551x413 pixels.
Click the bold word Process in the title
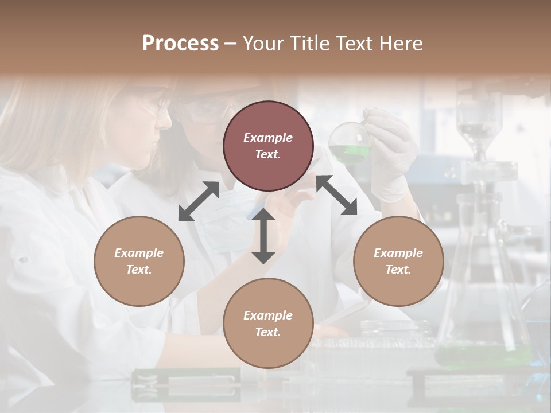tap(180, 43)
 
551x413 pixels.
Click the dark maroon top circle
tap(268, 146)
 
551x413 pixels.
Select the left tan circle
tap(139, 261)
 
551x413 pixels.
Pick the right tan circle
tap(398, 261)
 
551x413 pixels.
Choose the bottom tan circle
tap(268, 324)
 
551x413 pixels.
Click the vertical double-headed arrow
tap(263, 236)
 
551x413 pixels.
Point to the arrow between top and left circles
tap(199, 201)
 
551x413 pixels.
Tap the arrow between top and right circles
tap(336, 195)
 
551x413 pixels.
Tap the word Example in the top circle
tap(268, 138)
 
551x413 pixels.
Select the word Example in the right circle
tap(398, 253)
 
